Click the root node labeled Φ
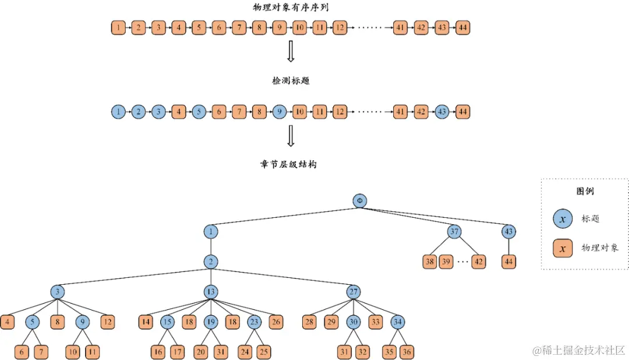[x=360, y=201]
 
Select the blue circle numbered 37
[x=454, y=231]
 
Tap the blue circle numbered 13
[x=211, y=292]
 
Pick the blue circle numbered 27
[x=354, y=292]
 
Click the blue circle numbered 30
[x=354, y=322]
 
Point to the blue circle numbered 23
[x=254, y=322]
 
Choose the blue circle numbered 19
[x=211, y=322]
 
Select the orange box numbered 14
[x=146, y=322]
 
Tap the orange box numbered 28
[x=310, y=322]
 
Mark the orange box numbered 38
[x=430, y=262]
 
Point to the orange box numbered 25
[x=264, y=352]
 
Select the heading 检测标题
[x=291, y=81]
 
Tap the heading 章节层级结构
[x=288, y=164]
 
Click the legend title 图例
[x=585, y=191]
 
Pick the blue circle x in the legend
[x=563, y=219]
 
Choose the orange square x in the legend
[x=563, y=248]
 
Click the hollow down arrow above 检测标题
[x=291, y=52]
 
